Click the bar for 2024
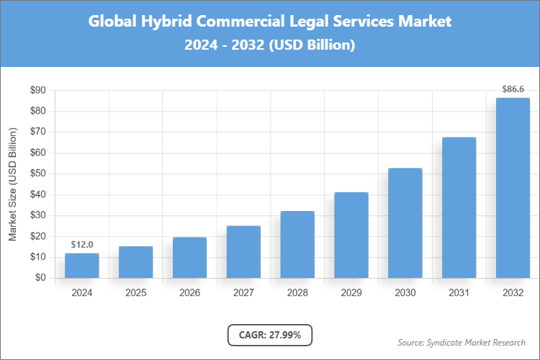(x=82, y=265)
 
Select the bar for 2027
(x=243, y=251)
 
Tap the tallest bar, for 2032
(x=513, y=187)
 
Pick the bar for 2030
(x=405, y=222)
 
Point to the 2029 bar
(x=351, y=235)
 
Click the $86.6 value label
(x=513, y=89)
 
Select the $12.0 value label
(x=82, y=245)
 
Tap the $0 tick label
(x=40, y=278)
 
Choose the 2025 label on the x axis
(x=136, y=293)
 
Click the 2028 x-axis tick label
(x=297, y=293)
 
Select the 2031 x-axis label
(x=459, y=293)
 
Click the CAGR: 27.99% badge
(x=270, y=334)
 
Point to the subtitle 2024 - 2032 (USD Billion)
(x=270, y=45)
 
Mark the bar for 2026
(x=189, y=257)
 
